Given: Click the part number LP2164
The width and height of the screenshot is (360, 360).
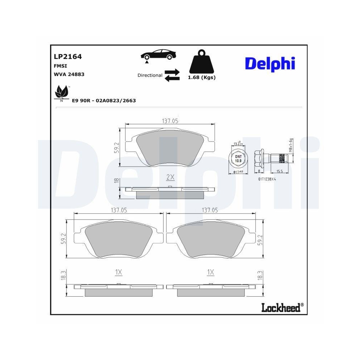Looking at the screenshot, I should click(68, 57).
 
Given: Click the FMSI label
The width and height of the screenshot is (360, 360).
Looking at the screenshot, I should click(60, 66).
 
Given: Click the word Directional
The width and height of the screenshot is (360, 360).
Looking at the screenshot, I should click(150, 75).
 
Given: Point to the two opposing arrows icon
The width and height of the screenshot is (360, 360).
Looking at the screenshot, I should click(172, 75).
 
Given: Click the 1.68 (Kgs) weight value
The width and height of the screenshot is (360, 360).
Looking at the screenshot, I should click(202, 78).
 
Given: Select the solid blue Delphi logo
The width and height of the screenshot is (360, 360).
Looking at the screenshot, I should click(270, 63).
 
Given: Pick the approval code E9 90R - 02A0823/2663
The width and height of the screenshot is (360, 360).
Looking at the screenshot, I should click(104, 100).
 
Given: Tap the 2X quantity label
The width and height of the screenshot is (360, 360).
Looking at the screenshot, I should click(170, 177).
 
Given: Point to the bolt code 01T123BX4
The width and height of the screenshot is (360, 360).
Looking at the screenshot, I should click(267, 179).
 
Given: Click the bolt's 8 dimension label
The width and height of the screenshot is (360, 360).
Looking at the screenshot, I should click(259, 172).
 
